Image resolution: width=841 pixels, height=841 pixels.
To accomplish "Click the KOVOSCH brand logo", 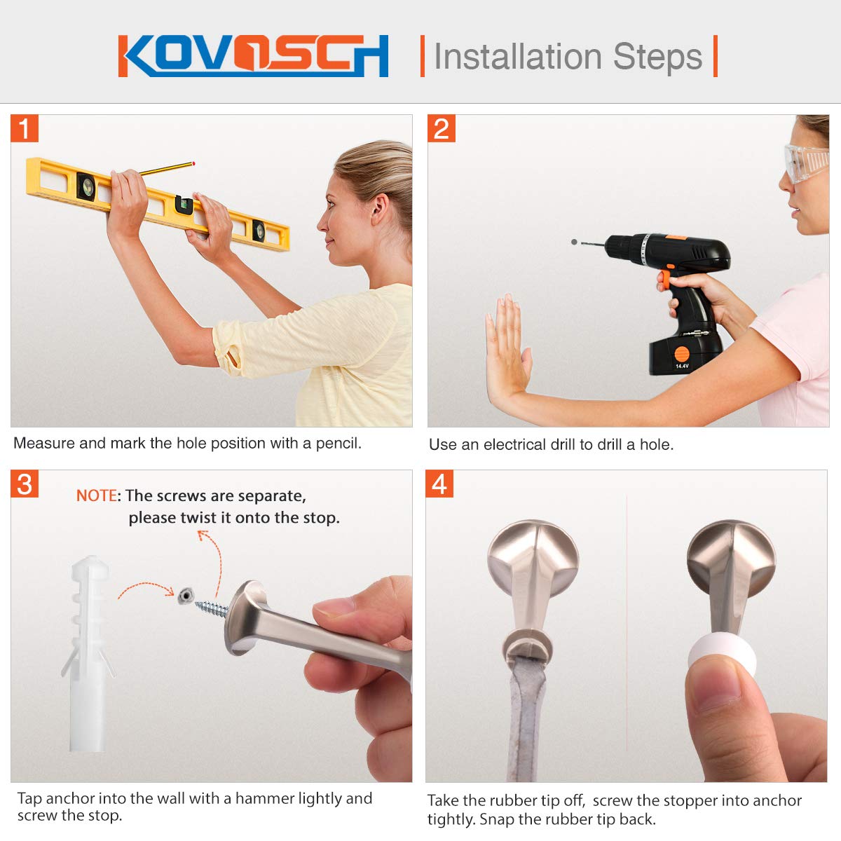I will point(253,55).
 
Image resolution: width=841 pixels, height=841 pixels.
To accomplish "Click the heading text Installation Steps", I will point(568,57).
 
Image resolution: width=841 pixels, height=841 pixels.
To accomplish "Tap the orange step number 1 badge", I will point(25,129).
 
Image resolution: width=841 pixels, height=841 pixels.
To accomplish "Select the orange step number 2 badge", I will point(442,129).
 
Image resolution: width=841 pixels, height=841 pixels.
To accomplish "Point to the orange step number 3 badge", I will point(25,484).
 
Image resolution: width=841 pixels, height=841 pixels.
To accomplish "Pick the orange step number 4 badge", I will point(439,484).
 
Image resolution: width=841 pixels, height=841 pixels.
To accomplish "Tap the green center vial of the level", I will point(184,204).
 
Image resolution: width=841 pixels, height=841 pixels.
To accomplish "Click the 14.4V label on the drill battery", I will point(682,366).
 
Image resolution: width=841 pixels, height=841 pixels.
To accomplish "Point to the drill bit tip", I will point(575,242).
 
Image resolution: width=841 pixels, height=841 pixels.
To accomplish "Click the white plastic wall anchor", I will point(88,652).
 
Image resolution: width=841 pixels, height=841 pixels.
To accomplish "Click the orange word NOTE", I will point(96,495).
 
